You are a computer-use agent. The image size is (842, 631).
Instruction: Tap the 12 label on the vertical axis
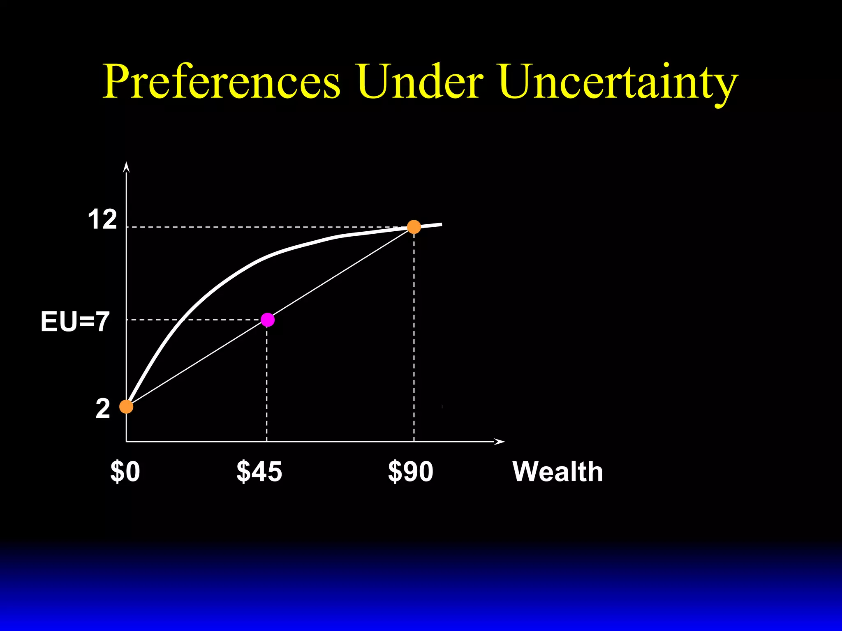point(102,220)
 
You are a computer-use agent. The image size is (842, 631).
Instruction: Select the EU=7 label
point(75,321)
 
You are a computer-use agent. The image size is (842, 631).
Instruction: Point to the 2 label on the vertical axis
point(103,409)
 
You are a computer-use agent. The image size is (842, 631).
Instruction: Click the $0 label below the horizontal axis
point(125,471)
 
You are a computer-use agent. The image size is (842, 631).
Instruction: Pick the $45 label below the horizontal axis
point(259,471)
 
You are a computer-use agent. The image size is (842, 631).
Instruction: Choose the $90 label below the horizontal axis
point(410,471)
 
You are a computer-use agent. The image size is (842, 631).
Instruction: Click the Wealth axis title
point(557,471)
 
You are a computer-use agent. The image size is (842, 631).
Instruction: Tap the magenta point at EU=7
point(268,320)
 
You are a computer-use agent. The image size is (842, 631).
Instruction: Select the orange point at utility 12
point(414,227)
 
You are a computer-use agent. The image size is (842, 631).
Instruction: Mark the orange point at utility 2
point(126,407)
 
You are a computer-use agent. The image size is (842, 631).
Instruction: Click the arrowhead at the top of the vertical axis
point(127,167)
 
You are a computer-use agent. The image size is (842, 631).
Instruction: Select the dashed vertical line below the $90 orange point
point(414,337)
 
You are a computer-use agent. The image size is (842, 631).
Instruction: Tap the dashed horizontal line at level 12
point(263,227)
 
